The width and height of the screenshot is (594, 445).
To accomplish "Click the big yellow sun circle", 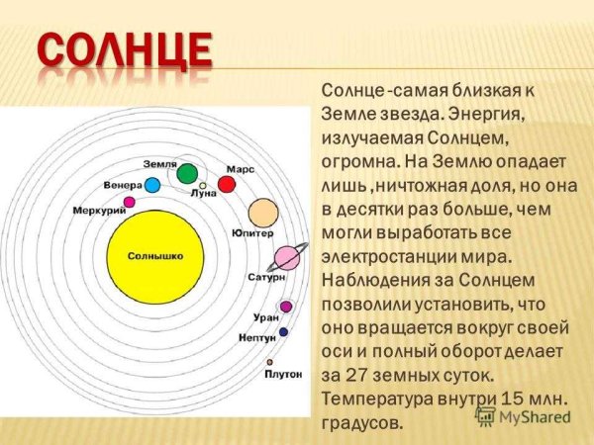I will (x=154, y=256).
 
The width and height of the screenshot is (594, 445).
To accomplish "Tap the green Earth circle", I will (x=187, y=174).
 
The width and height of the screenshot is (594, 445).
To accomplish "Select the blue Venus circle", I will (x=152, y=185).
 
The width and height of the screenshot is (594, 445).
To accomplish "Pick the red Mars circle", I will (x=227, y=184).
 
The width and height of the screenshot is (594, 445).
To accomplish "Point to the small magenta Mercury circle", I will (x=129, y=202).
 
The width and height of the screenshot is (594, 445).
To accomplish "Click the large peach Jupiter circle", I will (x=262, y=212).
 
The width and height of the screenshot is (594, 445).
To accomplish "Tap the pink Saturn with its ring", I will (x=287, y=258).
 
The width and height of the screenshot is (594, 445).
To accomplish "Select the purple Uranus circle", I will (x=286, y=307).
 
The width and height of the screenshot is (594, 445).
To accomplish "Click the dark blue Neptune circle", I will (x=283, y=332).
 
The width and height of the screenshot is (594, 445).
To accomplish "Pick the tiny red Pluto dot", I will (x=281, y=360).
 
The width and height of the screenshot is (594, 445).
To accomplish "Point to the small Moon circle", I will (x=203, y=185).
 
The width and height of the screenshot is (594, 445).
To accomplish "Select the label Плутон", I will (x=282, y=375).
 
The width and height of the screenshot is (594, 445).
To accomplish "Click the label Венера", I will (x=122, y=186).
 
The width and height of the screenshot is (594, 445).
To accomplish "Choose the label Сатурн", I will (x=266, y=278).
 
